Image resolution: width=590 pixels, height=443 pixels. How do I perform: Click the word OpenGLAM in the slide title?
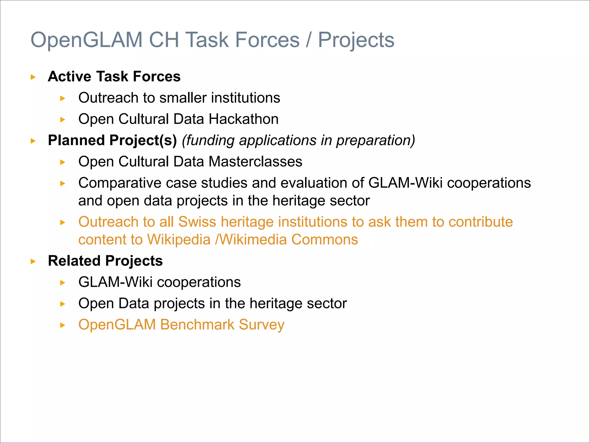pyautogui.click(x=86, y=40)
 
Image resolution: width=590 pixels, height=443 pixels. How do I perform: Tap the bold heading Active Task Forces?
pyautogui.click(x=114, y=76)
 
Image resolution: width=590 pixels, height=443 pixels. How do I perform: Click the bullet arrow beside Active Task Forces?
pyautogui.click(x=33, y=77)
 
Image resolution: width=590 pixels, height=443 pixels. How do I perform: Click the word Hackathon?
pyautogui.click(x=243, y=119)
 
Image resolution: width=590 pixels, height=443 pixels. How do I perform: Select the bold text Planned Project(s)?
pyautogui.click(x=112, y=140)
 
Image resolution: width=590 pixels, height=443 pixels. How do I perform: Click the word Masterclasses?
pyautogui.click(x=255, y=162)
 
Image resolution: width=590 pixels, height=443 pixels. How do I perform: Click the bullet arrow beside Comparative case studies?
pyautogui.click(x=63, y=183)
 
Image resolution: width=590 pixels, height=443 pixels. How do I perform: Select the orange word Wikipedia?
pyautogui.click(x=179, y=240)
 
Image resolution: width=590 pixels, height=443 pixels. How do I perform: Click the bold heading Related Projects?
pyautogui.click(x=105, y=261)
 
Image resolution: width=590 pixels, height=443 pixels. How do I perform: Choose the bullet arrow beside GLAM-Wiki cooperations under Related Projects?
pyautogui.click(x=63, y=283)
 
